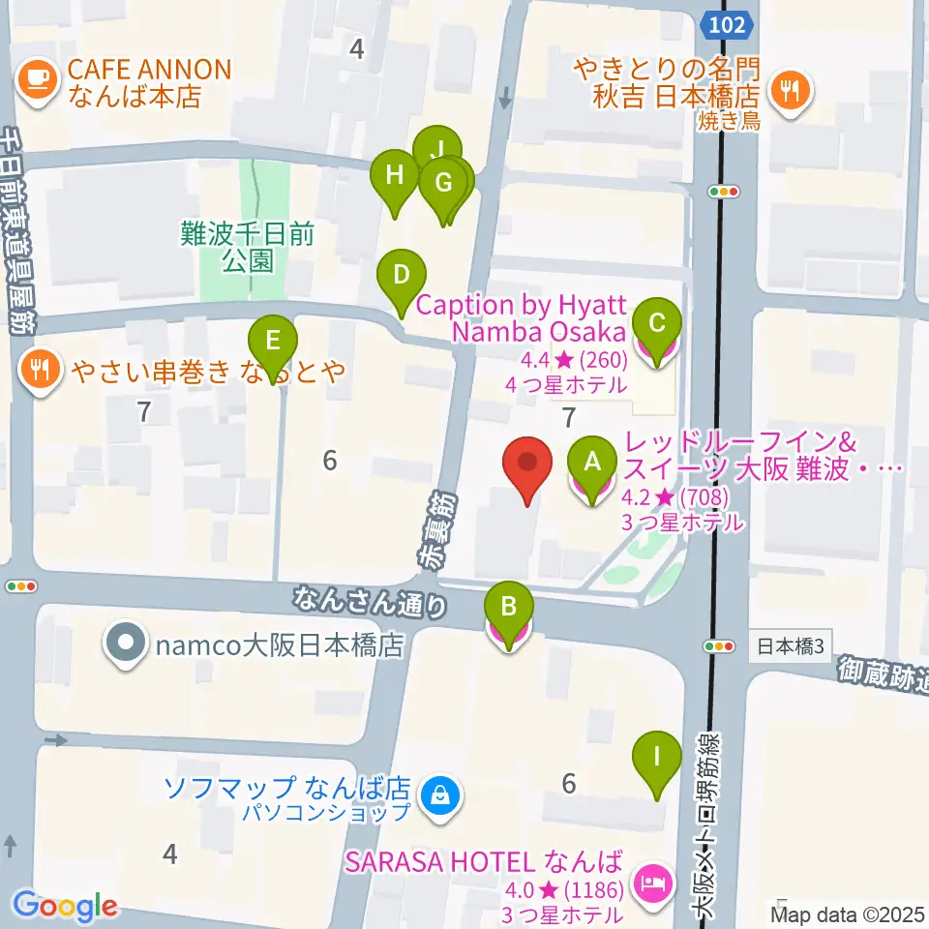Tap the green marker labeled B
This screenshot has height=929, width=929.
(x=509, y=611)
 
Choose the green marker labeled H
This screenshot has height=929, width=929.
(x=395, y=178)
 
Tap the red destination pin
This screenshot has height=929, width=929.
(x=527, y=465)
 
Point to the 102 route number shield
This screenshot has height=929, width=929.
(x=726, y=24)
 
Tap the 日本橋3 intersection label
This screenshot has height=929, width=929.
(x=790, y=645)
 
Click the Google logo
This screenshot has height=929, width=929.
(x=66, y=907)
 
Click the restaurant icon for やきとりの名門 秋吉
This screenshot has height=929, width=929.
(x=791, y=92)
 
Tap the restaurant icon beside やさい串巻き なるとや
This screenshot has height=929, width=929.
(x=38, y=369)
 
